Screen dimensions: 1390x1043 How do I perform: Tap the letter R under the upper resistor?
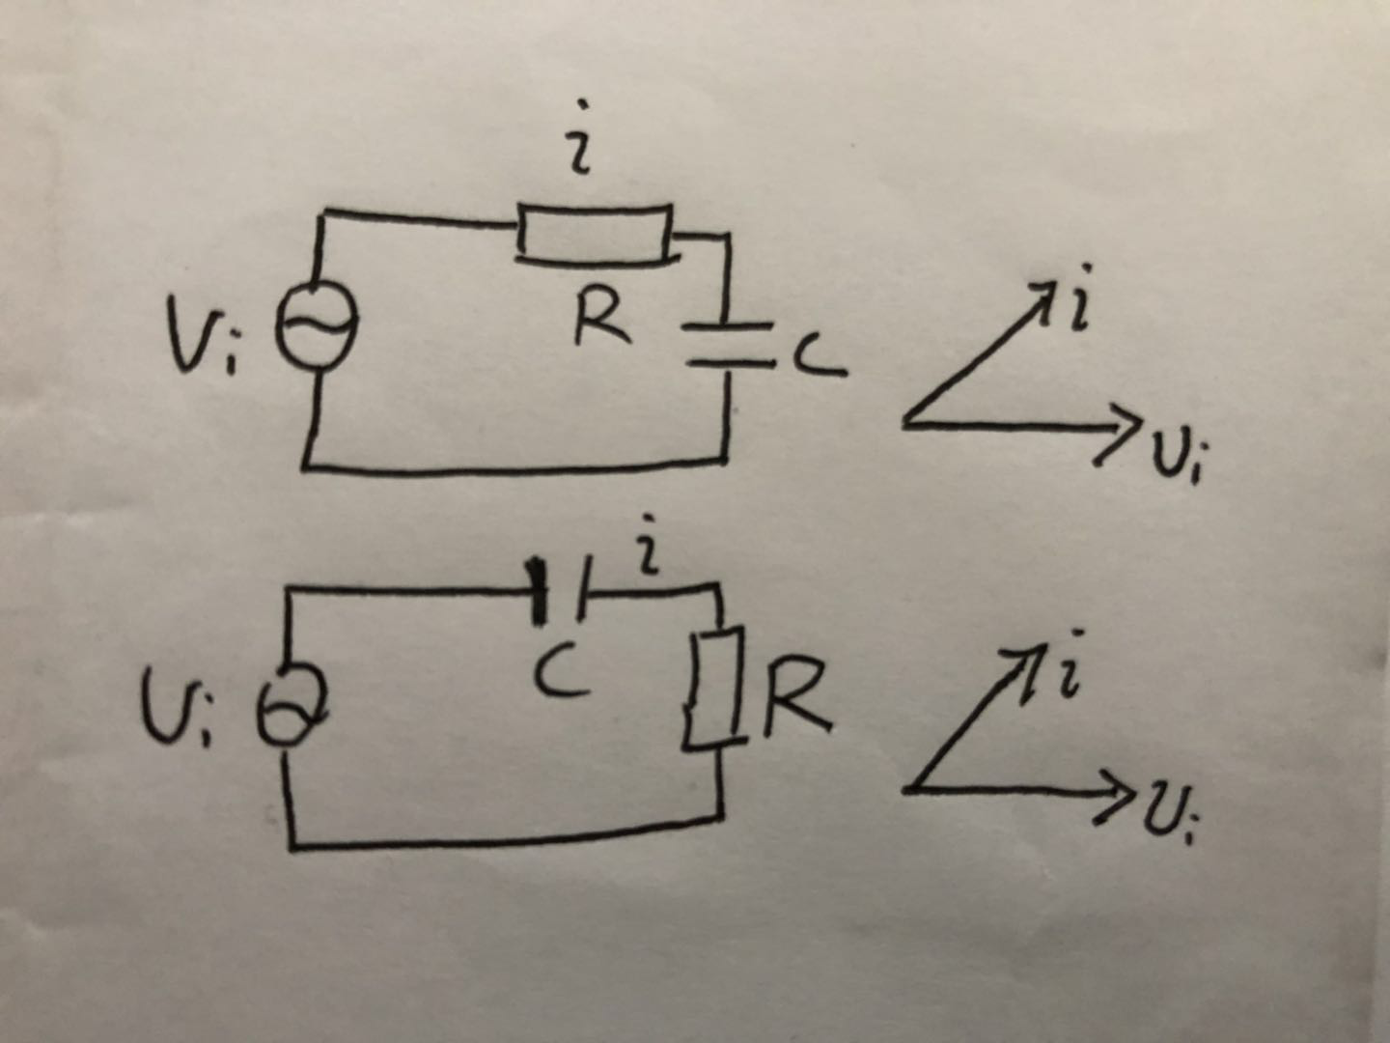point(600,321)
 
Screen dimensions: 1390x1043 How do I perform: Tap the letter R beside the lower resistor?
point(796,696)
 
